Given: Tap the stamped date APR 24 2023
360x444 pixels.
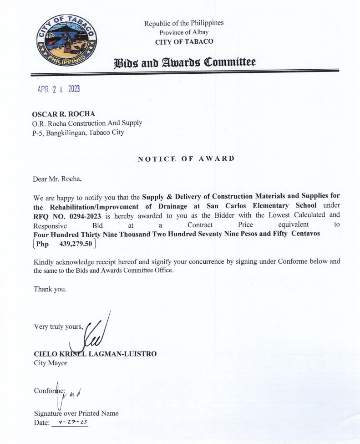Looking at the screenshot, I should tap(58, 89).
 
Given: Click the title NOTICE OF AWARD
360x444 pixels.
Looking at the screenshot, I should tap(186, 158).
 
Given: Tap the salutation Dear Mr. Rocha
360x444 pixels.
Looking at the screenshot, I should tap(57, 178).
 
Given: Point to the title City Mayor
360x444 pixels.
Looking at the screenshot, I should tap(51, 363).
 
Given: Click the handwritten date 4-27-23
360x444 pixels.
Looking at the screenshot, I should tap(70, 423).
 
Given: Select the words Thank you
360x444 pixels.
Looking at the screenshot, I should tap(50, 289).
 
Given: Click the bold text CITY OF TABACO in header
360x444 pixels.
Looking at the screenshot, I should tap(184, 42).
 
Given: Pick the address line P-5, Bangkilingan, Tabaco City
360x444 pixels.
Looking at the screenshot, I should tap(78, 133).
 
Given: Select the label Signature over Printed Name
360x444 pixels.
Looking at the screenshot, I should tap(76, 413).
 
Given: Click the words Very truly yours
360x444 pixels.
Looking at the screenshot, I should tap(58, 326).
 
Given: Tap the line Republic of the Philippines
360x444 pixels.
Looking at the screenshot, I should tap(184, 23).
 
